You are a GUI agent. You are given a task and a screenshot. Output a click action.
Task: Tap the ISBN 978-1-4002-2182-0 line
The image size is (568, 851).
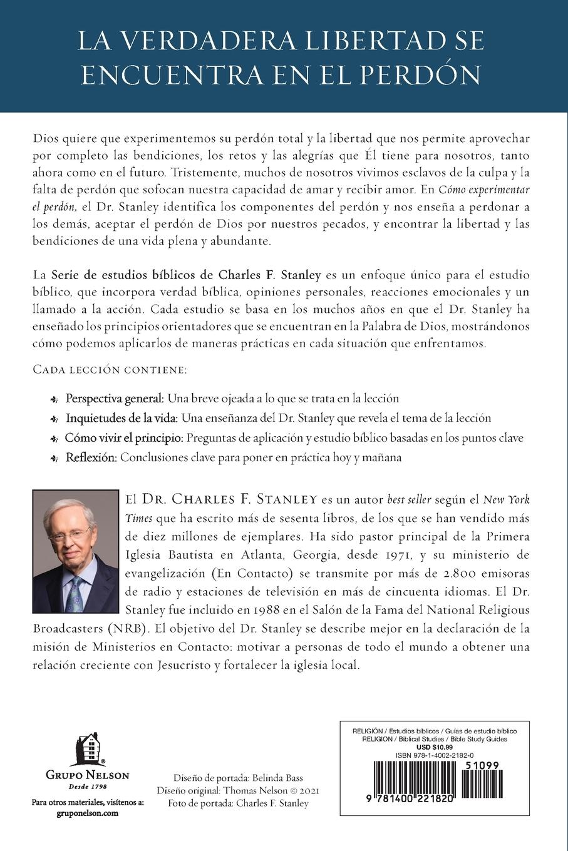tap(435, 756)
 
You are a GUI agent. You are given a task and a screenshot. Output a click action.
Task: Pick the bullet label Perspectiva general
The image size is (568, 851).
tap(115, 398)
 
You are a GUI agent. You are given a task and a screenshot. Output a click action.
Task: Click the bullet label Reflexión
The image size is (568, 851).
tap(91, 457)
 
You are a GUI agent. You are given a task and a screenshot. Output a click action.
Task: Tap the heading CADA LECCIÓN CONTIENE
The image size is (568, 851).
tap(110, 370)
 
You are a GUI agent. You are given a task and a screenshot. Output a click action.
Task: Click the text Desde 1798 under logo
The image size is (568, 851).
tap(88, 786)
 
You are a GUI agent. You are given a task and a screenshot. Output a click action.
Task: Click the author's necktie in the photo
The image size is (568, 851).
tap(75, 591)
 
